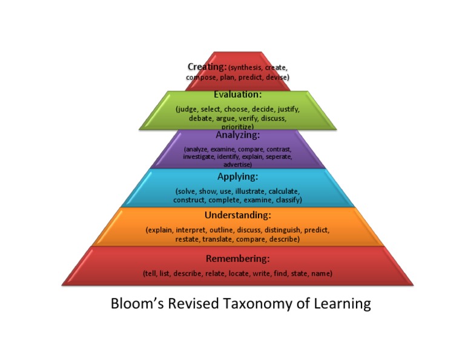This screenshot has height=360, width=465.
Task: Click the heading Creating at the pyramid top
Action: tap(207, 67)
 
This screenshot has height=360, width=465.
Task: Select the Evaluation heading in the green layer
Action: tap(237, 95)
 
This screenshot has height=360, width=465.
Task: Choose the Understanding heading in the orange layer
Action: tap(237, 215)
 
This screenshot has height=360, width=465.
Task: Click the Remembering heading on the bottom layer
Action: tap(237, 259)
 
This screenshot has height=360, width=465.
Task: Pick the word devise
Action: tap(276, 77)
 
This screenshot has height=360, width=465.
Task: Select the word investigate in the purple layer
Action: tap(200, 157)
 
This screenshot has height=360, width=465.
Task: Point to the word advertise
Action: tap(237, 164)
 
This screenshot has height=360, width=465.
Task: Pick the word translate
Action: tap(219, 239)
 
